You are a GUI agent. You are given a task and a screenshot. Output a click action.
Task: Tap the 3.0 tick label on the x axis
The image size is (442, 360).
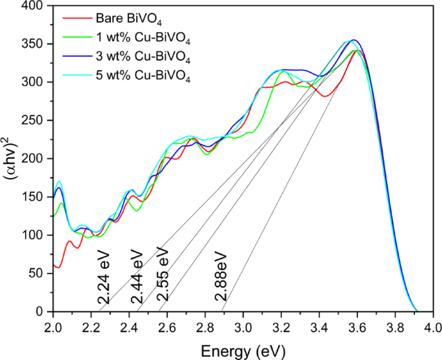pos(243,326)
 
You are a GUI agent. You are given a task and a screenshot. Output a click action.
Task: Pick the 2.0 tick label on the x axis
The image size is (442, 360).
pos(53,326)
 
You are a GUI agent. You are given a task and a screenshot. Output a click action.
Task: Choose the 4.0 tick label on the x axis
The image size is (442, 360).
pos(434,326)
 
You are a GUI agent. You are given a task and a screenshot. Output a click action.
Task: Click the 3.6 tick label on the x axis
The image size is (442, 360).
pos(357,326)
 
